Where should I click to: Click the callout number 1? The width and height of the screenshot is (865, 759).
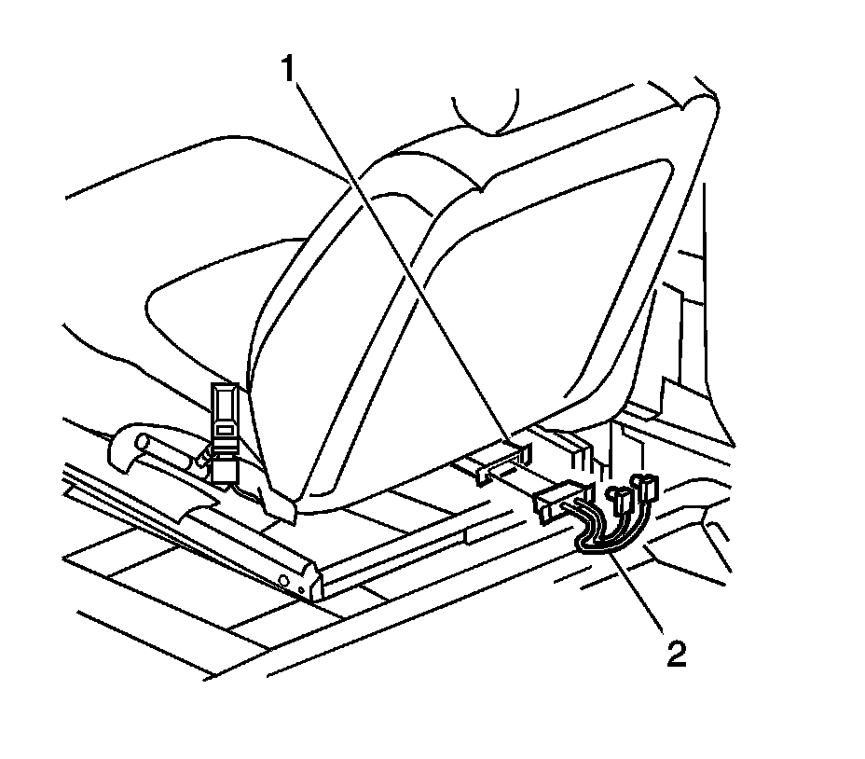293,66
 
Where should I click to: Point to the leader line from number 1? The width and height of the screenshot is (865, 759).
401,252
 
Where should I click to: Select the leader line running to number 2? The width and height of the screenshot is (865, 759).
638,597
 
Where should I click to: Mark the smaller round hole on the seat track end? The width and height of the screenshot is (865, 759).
303,590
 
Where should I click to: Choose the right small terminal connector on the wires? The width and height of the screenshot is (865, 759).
644,485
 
